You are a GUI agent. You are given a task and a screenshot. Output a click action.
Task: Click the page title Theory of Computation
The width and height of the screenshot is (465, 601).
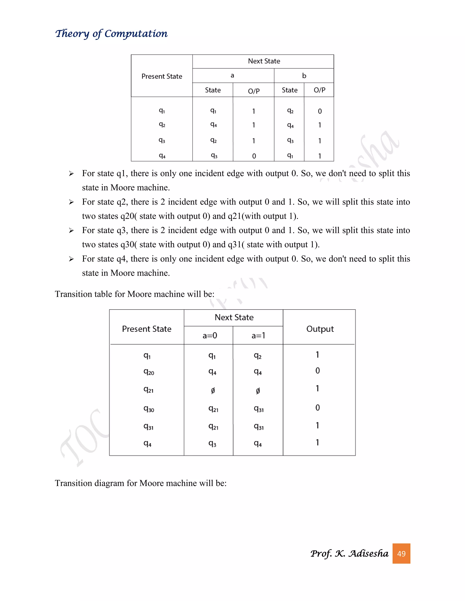pyautogui.click(x=111, y=34)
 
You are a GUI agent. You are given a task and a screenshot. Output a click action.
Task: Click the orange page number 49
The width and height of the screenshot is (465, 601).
pyautogui.click(x=401, y=553)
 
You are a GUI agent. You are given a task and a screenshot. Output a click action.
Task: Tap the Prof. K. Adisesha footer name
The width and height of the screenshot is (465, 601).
pyautogui.click(x=349, y=553)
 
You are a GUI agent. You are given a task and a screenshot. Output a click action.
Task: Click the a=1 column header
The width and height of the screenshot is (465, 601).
pyautogui.click(x=258, y=335)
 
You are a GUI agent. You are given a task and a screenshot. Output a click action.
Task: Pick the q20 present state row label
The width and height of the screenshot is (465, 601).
pyautogui.click(x=148, y=372)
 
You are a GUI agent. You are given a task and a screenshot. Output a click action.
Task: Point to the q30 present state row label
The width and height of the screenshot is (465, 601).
pyautogui.click(x=148, y=409)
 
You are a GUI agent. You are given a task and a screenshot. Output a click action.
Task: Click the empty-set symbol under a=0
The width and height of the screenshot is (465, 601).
pyautogui.click(x=213, y=391)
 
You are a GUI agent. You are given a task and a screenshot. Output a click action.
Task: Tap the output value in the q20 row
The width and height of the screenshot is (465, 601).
pyautogui.click(x=317, y=371)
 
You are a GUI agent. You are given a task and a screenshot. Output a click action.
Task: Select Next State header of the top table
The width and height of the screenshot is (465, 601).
pyautogui.click(x=264, y=61)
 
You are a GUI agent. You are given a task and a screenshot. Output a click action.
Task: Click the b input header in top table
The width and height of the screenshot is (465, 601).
pyautogui.click(x=304, y=76)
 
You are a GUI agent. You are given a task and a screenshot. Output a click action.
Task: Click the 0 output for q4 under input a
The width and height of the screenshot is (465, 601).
pyautogui.click(x=254, y=156)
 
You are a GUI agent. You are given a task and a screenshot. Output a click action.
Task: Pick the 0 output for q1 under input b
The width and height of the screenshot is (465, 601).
pyautogui.click(x=319, y=111)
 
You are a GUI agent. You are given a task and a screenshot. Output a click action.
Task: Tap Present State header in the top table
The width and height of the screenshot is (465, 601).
pyautogui.click(x=162, y=76)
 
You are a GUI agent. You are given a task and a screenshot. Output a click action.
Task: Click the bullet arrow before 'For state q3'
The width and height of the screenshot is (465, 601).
pyautogui.click(x=71, y=231)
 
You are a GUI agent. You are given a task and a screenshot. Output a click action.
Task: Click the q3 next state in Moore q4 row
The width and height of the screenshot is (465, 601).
pyautogui.click(x=212, y=444)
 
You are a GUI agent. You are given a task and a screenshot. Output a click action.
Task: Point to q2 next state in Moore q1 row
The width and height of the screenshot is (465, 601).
pyautogui.click(x=257, y=356)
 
